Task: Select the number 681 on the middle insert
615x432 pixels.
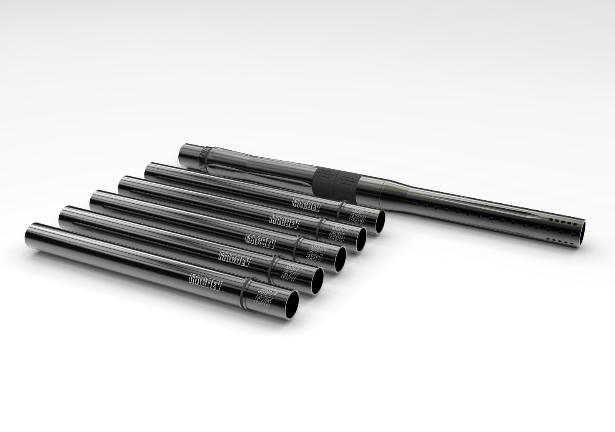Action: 314,254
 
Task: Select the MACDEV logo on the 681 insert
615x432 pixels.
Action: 260,237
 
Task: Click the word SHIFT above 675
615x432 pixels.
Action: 256,289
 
